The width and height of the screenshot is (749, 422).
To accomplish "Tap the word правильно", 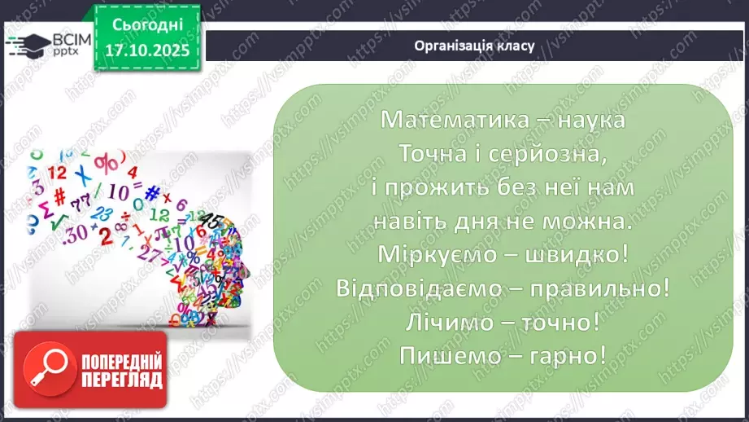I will pyautogui.click(x=603, y=288).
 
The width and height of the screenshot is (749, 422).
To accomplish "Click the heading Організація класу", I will pyautogui.click(x=474, y=46).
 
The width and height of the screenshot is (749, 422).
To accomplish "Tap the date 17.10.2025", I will pyautogui.click(x=146, y=51).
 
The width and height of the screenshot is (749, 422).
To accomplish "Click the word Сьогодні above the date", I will pyautogui.click(x=146, y=25).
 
